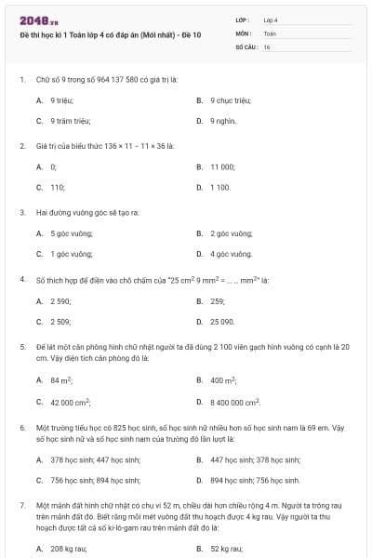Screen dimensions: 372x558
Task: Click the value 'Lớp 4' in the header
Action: click(270, 20)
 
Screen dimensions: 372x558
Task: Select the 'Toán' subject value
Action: click(270, 33)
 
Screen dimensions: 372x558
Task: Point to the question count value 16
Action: click(267, 46)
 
